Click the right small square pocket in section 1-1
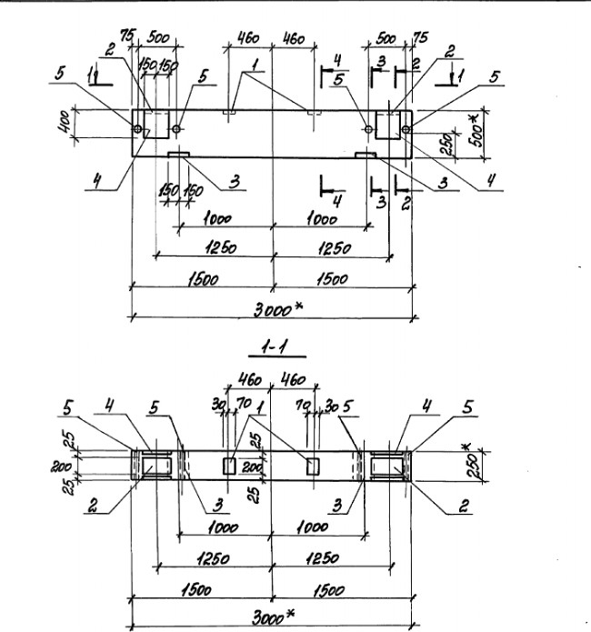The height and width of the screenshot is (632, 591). pyautogui.click(x=314, y=466)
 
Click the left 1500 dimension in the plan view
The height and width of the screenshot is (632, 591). pyautogui.click(x=202, y=281)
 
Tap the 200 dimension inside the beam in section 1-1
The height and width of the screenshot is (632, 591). pyautogui.click(x=254, y=467)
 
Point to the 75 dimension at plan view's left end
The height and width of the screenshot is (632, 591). pyautogui.click(x=128, y=37)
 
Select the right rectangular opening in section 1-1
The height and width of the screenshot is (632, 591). pyautogui.click(x=388, y=466)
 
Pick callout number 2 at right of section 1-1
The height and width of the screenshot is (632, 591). pyautogui.click(x=464, y=507)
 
